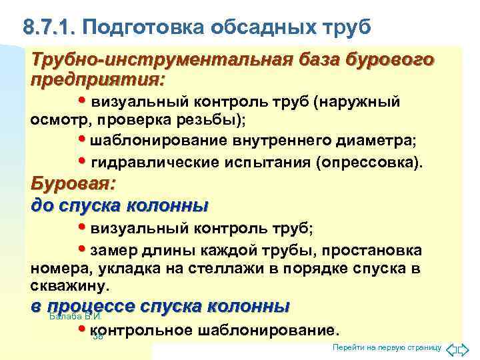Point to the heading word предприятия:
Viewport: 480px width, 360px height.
[x=97, y=79]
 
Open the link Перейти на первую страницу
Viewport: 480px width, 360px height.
[x=387, y=349]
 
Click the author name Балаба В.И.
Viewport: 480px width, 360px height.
[x=75, y=316]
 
